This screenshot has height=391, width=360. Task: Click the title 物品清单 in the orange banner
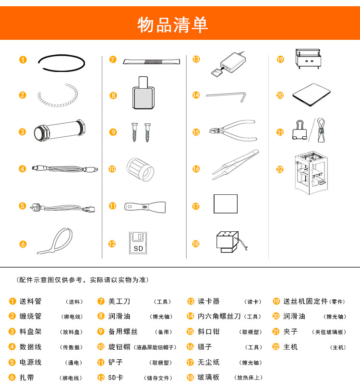(x=173, y=24)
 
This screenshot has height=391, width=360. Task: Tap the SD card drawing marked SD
(x=138, y=243)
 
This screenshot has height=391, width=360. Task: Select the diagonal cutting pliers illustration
(x=233, y=130)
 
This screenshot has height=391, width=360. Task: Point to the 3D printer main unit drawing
(x=311, y=173)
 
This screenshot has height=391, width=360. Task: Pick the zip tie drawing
(x=55, y=241)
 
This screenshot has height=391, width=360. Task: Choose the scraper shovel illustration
(x=145, y=207)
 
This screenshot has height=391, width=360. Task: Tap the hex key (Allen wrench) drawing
(x=226, y=96)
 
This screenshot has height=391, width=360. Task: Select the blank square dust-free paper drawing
(x=226, y=204)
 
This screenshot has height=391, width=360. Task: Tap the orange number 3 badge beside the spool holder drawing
(x=22, y=131)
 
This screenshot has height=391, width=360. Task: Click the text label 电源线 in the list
(x=30, y=362)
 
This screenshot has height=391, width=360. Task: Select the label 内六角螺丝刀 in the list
(x=219, y=316)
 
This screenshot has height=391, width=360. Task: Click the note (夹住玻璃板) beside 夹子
(x=329, y=332)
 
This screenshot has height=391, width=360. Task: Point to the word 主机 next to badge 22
(x=290, y=347)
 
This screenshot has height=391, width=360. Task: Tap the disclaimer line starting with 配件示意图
(x=83, y=280)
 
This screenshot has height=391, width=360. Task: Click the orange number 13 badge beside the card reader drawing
(x=196, y=59)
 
